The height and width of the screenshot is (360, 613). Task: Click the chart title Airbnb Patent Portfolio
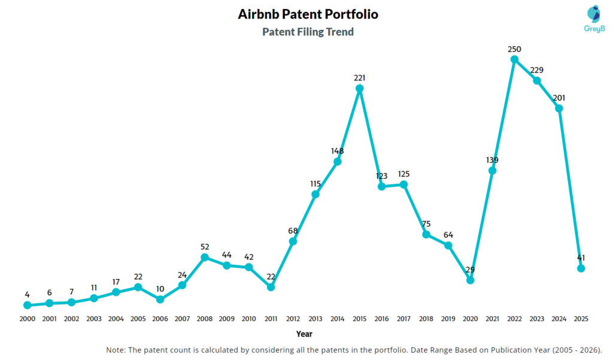[x=308, y=14]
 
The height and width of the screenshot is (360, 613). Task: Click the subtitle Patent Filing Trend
[x=308, y=32]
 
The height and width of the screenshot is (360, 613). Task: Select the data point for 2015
[x=359, y=89]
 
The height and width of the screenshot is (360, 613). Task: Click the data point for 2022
[x=514, y=59]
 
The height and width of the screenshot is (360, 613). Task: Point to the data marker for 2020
[x=470, y=280]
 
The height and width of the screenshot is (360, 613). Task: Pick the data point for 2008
[x=204, y=258]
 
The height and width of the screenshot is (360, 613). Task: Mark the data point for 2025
[x=581, y=268]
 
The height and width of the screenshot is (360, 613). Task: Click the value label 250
[x=514, y=48]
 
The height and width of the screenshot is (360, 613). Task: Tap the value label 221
[x=359, y=77]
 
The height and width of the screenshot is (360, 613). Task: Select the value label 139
[x=492, y=160]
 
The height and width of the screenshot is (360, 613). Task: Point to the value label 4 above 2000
[x=27, y=294]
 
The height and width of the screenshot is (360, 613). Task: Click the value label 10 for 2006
[x=160, y=288]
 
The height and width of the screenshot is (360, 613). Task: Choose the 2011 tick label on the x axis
[x=271, y=319]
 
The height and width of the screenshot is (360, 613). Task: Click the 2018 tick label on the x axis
[x=426, y=319]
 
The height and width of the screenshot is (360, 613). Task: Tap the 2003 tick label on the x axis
[x=93, y=319]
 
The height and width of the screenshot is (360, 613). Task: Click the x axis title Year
[x=304, y=334]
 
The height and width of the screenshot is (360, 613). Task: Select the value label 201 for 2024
[x=559, y=98]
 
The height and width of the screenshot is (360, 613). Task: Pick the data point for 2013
[x=315, y=194]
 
